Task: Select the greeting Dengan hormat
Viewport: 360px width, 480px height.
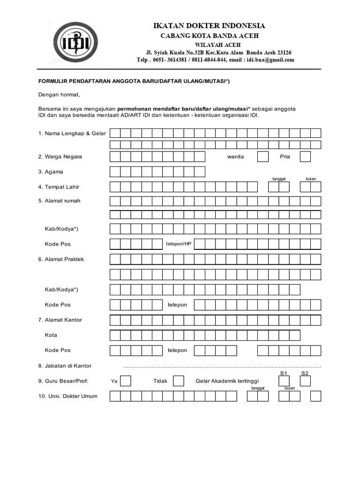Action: click(x=59, y=95)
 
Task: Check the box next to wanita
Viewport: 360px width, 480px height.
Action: click(x=263, y=157)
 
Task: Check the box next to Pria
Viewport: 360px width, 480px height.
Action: click(x=305, y=157)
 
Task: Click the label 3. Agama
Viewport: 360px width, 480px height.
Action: click(x=51, y=172)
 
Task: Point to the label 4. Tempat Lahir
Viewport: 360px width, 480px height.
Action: click(x=59, y=187)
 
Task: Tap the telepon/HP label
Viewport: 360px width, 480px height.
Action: click(x=179, y=244)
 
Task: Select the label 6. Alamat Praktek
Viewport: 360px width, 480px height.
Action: click(x=61, y=259)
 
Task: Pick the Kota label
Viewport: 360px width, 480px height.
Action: click(x=51, y=335)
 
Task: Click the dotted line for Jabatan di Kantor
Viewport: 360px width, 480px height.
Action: click(x=222, y=367)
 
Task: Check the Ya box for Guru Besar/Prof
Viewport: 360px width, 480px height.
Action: click(x=126, y=381)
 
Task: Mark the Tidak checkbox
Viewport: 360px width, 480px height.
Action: click(x=179, y=381)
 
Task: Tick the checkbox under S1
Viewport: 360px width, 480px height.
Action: click(x=283, y=381)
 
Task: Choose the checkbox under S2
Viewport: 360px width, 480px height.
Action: click(x=305, y=381)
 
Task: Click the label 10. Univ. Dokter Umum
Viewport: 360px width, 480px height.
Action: click(x=68, y=397)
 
